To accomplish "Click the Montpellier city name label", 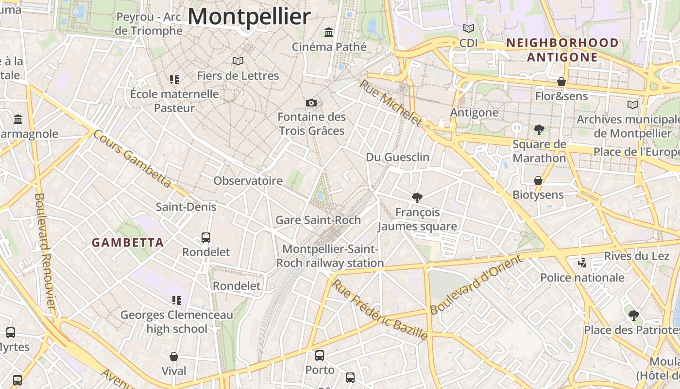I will (249, 17).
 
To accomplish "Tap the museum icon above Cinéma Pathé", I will (329, 33).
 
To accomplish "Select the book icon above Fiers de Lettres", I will (238, 61).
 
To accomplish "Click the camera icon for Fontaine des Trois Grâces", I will (311, 103).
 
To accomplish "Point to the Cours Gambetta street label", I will (132, 159).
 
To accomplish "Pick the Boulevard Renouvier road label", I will (45, 251).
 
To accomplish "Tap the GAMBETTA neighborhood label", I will (128, 242).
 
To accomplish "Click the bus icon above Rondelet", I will (206, 238).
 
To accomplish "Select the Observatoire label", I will (248, 181).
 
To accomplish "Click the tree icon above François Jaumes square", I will (417, 197).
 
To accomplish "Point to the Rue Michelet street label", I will (391, 103).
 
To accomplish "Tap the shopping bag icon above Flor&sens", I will (561, 82).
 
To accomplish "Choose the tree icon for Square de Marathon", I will (539, 130).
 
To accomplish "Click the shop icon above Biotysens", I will (538, 180).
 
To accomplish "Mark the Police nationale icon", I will (582, 263).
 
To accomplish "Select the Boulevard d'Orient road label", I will (476, 284).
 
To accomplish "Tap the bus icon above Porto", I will (319, 355).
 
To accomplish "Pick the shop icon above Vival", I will (174, 356).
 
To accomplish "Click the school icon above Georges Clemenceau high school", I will (176, 301).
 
